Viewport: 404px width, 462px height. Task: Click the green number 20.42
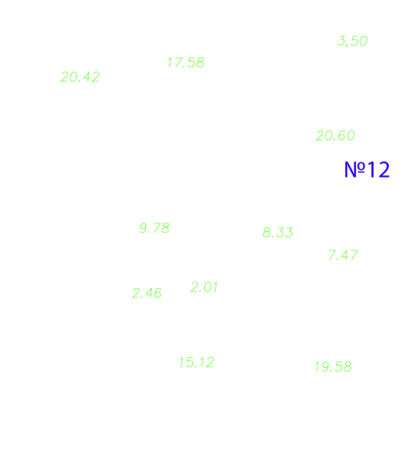point(80,77)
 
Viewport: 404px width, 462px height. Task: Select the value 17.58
point(186,62)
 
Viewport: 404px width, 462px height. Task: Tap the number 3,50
point(353,41)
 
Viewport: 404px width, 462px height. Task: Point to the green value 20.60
point(335,136)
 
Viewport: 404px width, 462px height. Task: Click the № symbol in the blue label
point(354,170)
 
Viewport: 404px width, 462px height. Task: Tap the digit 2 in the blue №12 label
point(384,170)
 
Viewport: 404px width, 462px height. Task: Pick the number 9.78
point(154,228)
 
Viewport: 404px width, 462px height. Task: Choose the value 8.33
point(277,233)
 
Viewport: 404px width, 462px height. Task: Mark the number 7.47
point(343,255)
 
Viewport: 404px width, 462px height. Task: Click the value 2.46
point(147,293)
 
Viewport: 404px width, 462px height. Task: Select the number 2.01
point(204,287)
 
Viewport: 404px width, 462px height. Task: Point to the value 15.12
point(197,363)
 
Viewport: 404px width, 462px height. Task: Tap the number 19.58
point(333,367)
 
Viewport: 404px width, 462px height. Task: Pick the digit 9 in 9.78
point(144,228)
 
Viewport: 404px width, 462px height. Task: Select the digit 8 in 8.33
point(267,233)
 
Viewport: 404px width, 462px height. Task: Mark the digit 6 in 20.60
point(342,136)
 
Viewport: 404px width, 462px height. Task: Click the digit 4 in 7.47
point(346,255)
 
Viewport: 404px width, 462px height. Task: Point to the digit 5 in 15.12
point(189,363)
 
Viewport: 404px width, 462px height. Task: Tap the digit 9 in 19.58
point(324,367)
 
